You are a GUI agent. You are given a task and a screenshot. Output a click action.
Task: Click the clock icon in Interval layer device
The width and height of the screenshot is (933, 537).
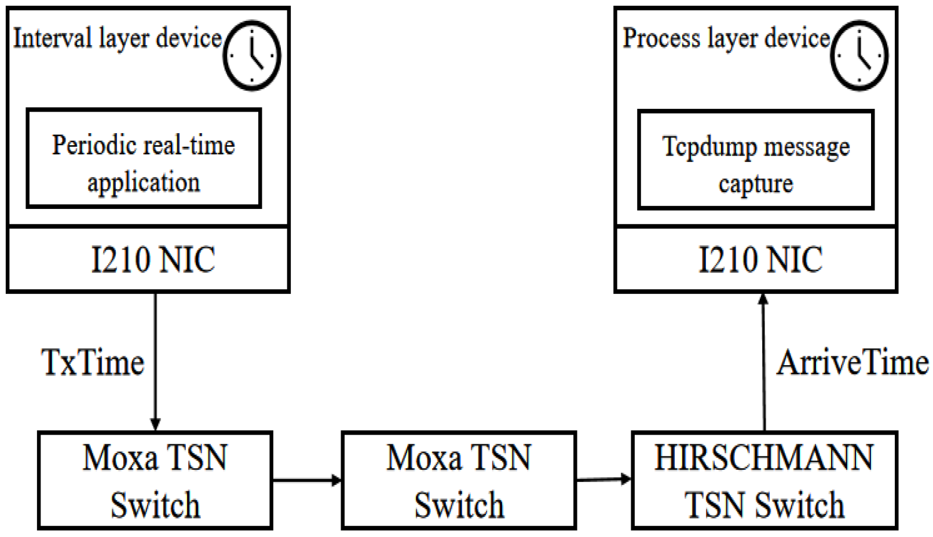[252, 56]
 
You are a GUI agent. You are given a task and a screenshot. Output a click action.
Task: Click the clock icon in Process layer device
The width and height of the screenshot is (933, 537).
[859, 56]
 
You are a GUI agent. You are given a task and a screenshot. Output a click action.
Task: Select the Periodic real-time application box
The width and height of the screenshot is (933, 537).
[144, 158]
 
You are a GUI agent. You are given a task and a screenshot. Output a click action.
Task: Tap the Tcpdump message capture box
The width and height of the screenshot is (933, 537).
[755, 160]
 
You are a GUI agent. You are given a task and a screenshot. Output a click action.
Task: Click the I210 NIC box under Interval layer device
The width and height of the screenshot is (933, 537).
[148, 259]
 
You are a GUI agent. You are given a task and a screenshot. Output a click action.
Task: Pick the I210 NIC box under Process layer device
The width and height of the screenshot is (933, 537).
[755, 259]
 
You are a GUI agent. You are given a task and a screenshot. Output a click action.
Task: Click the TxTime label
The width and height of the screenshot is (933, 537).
[93, 363]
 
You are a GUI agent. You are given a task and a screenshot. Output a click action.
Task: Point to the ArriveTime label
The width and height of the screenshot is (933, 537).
[852, 363]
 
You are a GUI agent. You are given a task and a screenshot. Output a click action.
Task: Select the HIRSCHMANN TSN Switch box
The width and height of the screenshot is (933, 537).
[764, 480]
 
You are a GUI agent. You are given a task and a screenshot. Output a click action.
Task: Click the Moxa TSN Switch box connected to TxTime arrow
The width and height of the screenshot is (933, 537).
[155, 480]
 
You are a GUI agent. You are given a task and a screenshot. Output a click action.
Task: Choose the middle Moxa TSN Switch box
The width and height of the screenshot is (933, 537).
[459, 480]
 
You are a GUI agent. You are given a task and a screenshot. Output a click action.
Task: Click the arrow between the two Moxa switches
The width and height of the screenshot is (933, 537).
[307, 480]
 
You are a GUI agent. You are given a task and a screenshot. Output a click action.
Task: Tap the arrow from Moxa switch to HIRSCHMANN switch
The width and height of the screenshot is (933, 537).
[603, 479]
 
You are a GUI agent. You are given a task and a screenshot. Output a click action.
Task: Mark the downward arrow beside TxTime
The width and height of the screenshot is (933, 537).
[155, 362]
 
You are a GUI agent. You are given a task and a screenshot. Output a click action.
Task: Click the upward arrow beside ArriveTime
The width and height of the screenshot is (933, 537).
[764, 362]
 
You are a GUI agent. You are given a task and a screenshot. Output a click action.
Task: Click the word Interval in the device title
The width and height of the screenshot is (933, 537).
[52, 39]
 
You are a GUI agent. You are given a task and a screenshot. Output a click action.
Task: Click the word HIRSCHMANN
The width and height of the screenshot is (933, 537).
[764, 458]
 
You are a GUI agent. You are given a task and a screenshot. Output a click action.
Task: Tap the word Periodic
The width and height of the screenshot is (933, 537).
[88, 145]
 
